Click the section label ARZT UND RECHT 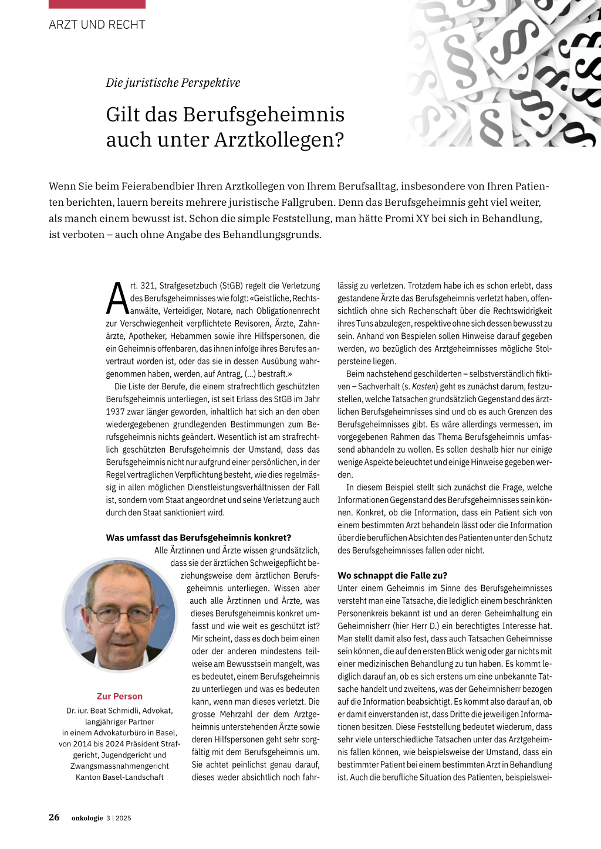pos(97,25)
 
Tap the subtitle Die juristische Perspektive pos(173,83)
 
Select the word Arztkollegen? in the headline pos(279,140)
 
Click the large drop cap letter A pos(117,299)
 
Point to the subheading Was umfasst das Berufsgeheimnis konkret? pos(198,538)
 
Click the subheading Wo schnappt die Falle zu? pos(393,575)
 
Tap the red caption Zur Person pos(120,696)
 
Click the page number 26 pos(54,817)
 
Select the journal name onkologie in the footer pos(87,818)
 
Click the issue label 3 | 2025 pos(119,818)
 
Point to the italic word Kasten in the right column pos(424,386)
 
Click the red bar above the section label pos(97,4)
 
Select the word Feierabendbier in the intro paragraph pos(158,186)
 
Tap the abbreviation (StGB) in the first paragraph pos(235,286)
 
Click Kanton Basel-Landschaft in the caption pos(120,777)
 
